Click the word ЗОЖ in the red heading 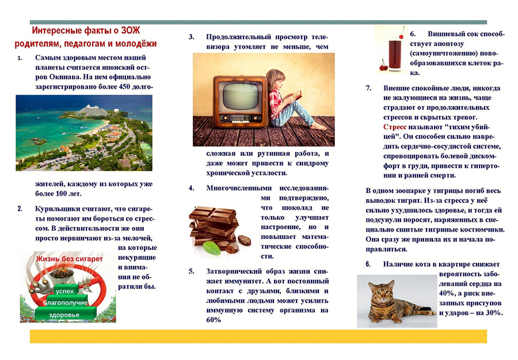(131, 31)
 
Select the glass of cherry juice (395, 54)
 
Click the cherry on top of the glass (402, 36)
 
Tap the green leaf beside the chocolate (212, 248)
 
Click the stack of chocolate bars (214, 225)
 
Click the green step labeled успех (65, 290)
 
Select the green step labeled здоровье (64, 314)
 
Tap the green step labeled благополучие (66, 302)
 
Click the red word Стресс (395, 127)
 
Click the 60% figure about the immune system (214, 320)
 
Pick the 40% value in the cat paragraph (446, 294)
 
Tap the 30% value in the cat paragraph (494, 313)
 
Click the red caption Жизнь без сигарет (70, 259)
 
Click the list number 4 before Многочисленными (191, 188)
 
